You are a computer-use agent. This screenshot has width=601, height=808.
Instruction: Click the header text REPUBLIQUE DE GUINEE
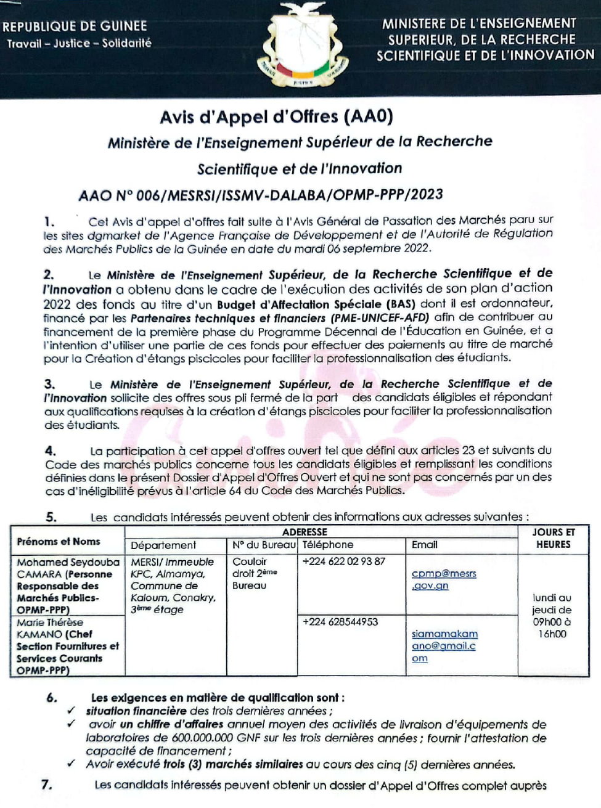(x=75, y=27)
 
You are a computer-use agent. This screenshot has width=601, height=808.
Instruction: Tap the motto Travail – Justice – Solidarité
(x=79, y=44)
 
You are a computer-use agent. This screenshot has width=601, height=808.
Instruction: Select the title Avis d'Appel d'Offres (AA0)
(x=276, y=116)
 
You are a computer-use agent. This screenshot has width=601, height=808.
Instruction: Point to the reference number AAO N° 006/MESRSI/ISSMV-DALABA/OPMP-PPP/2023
(x=261, y=195)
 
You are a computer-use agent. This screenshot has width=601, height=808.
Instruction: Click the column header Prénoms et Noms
(x=59, y=541)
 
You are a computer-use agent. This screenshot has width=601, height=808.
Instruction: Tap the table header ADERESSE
(x=305, y=531)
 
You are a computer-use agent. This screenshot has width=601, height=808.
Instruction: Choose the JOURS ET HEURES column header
(x=553, y=538)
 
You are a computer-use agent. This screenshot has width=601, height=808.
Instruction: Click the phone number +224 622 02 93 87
(x=343, y=561)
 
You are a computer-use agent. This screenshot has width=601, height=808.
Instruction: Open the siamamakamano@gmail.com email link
(x=444, y=646)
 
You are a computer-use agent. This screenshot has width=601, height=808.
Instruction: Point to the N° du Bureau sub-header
(x=264, y=545)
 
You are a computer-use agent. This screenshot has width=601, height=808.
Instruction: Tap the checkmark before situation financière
(x=73, y=711)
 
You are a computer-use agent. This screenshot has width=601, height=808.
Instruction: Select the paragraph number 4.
(x=50, y=451)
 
